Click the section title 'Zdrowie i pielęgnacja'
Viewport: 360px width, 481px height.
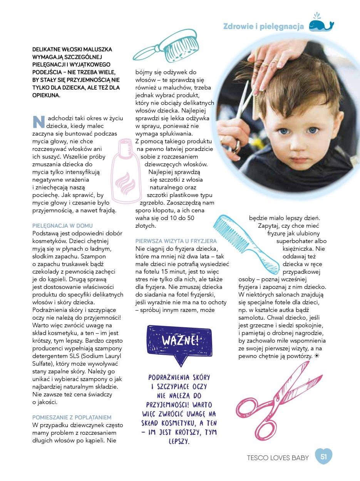click(x=264, y=26)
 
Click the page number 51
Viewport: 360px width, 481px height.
click(x=323, y=457)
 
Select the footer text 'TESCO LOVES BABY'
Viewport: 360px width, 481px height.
click(x=278, y=458)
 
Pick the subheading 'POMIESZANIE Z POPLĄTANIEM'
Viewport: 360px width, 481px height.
click(x=72, y=417)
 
